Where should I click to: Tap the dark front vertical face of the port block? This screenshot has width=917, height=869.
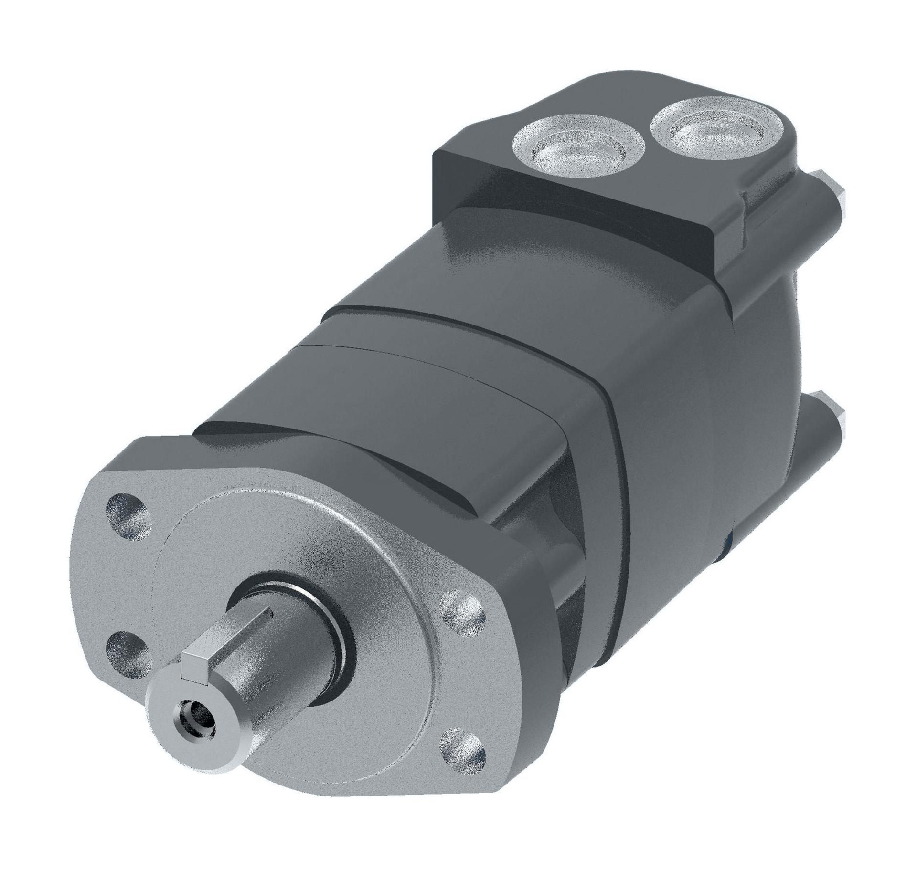[573, 224]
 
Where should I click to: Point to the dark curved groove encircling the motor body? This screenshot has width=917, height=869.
[616, 477]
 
